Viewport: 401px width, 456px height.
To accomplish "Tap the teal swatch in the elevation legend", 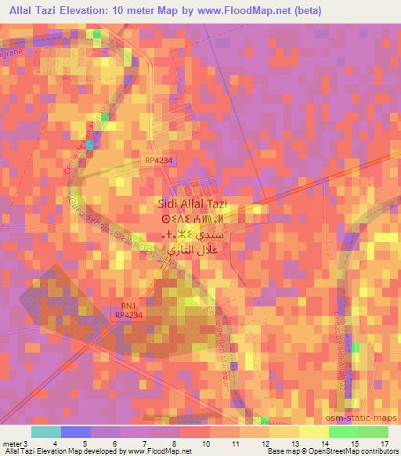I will tap(45, 432).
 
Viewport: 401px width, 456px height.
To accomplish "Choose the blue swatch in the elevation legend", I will tap(75, 432).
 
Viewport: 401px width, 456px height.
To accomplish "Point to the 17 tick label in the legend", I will tap(384, 443).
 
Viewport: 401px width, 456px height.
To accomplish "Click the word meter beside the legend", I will tap(9, 443).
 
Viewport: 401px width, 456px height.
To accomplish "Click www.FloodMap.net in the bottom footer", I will tap(161, 451).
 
